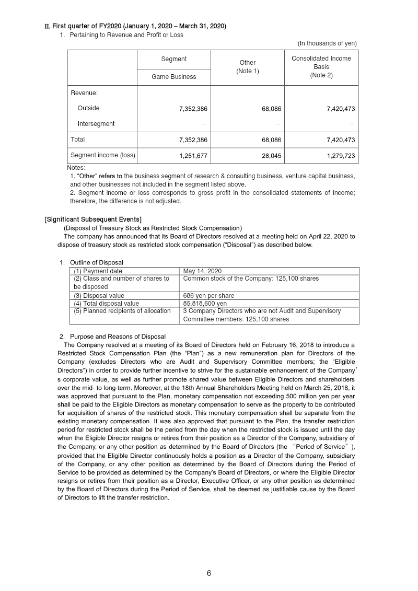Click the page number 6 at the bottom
(209, 573)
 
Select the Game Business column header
(173, 77)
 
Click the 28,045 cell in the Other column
(271, 155)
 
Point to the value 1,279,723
(341, 155)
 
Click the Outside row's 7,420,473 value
(341, 109)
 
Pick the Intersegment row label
(96, 124)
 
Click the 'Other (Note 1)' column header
(247, 67)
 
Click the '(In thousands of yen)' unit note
(327, 43)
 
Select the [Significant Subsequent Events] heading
(93, 219)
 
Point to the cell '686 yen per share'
(208, 296)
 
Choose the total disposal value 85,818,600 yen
(205, 303)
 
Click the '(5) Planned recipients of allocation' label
(122, 311)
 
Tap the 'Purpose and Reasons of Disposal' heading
(118, 337)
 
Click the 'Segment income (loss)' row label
(102, 155)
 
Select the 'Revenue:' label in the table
(84, 93)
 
